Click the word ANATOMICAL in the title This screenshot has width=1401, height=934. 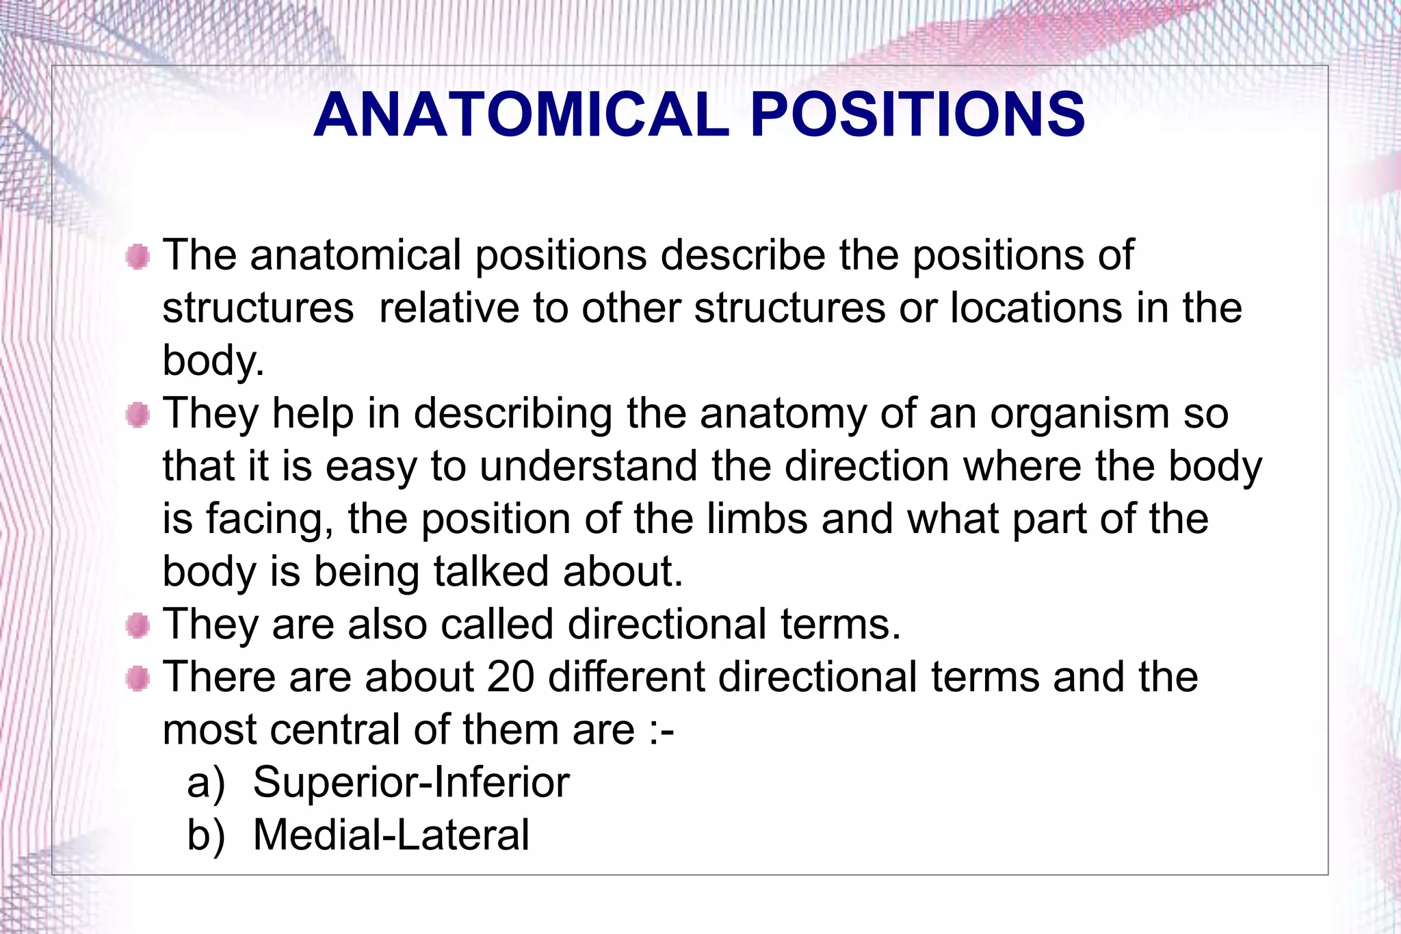click(x=521, y=114)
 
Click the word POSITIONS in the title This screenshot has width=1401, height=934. click(x=917, y=114)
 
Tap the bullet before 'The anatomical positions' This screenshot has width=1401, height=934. click(x=138, y=257)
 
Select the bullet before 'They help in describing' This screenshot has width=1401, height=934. click(x=138, y=415)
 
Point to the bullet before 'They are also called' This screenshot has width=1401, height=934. click(x=138, y=625)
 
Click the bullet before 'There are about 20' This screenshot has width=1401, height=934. click(x=138, y=678)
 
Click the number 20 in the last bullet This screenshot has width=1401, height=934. click(x=510, y=677)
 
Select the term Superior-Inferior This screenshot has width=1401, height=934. click(x=410, y=782)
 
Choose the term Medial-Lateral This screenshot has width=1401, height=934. click(x=391, y=835)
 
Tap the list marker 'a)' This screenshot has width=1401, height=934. click(x=206, y=783)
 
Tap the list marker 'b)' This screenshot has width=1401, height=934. click(x=206, y=836)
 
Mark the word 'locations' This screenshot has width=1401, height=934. click(x=1036, y=309)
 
